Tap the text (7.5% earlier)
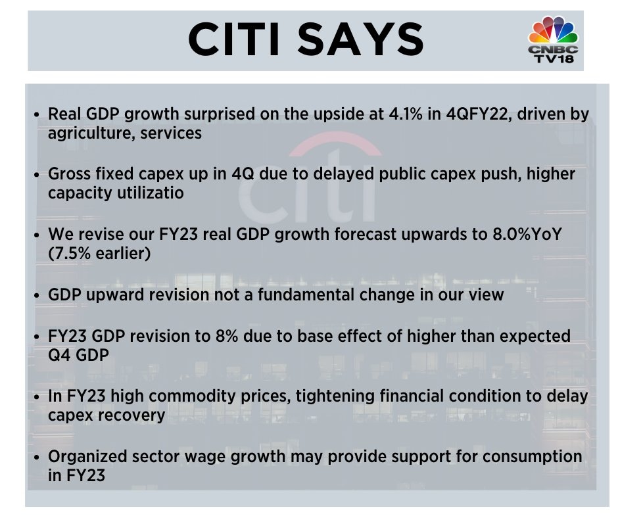(x=99, y=253)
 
